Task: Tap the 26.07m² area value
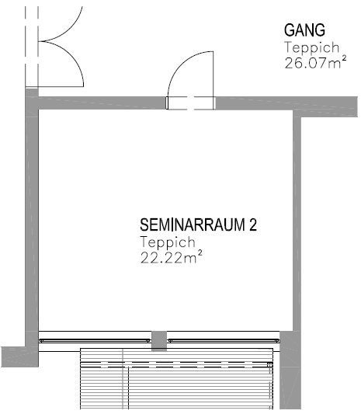click(313, 61)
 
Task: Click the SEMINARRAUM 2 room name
click(197, 225)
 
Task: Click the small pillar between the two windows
click(159, 340)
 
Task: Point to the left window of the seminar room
click(94, 339)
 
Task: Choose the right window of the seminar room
click(224, 339)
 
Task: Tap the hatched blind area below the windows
click(179, 381)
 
